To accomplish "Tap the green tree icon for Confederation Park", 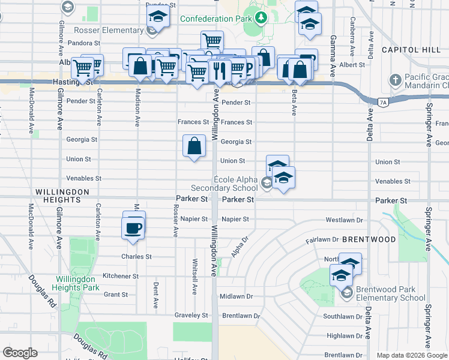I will tap(261, 19).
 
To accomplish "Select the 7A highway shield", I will tap(383, 103).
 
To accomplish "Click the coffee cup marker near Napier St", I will tap(133, 227).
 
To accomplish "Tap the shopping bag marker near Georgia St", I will tap(194, 146).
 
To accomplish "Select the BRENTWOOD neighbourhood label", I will tap(368, 239).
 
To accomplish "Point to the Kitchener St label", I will tap(120, 276).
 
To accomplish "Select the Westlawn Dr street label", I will tap(345, 220).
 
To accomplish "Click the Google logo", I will tap(20, 353).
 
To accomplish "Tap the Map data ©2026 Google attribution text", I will tap(412, 355).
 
